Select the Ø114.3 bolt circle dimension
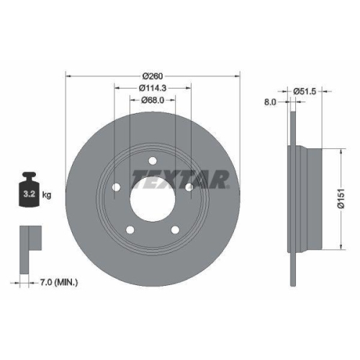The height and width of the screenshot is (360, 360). [x=153, y=88]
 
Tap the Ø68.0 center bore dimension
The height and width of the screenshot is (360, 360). [x=153, y=100]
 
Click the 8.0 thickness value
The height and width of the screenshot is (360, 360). [x=271, y=103]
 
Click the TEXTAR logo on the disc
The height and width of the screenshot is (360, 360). [x=179, y=178]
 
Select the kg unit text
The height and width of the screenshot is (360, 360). [x=47, y=195]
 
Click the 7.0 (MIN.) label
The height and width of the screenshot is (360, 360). [x=58, y=282]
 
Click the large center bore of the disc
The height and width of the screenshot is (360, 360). [x=153, y=194]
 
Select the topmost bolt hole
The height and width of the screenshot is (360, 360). [x=153, y=161]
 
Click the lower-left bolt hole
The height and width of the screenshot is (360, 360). [x=130, y=230]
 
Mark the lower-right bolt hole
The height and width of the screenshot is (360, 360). [x=176, y=230]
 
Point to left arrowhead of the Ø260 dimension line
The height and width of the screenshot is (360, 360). [x=68, y=75]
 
